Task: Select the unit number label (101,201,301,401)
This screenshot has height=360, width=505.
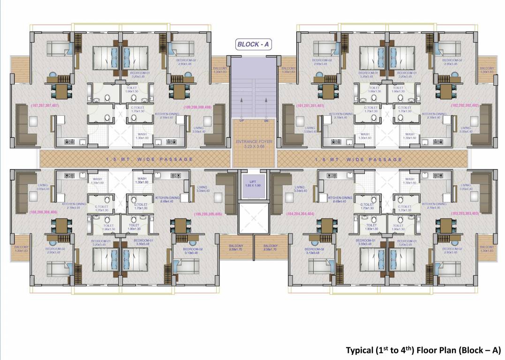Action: (x=310, y=106)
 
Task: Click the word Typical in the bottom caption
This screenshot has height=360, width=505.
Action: (x=360, y=350)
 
